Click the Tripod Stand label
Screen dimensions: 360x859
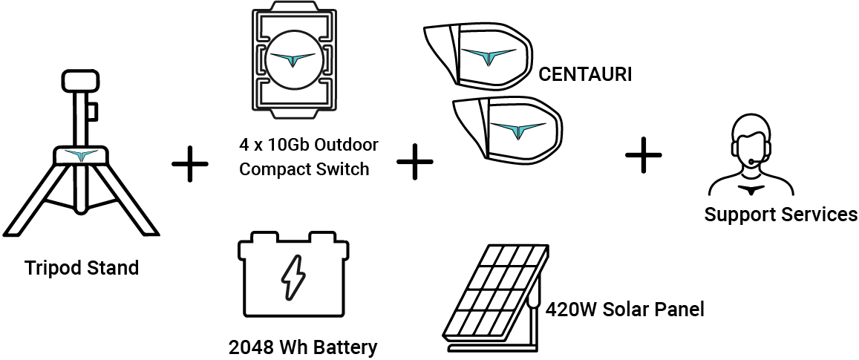pos(82,267)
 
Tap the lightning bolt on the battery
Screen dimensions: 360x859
pos(291,277)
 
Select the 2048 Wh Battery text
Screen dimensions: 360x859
pos(302,346)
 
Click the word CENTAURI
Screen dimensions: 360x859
pos(585,74)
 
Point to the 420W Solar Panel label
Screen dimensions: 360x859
pos(624,308)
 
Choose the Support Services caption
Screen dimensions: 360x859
pos(780,215)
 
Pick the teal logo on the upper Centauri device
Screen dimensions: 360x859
pos(488,56)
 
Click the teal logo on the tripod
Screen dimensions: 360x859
pos(81,155)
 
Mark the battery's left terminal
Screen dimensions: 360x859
pos(261,239)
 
